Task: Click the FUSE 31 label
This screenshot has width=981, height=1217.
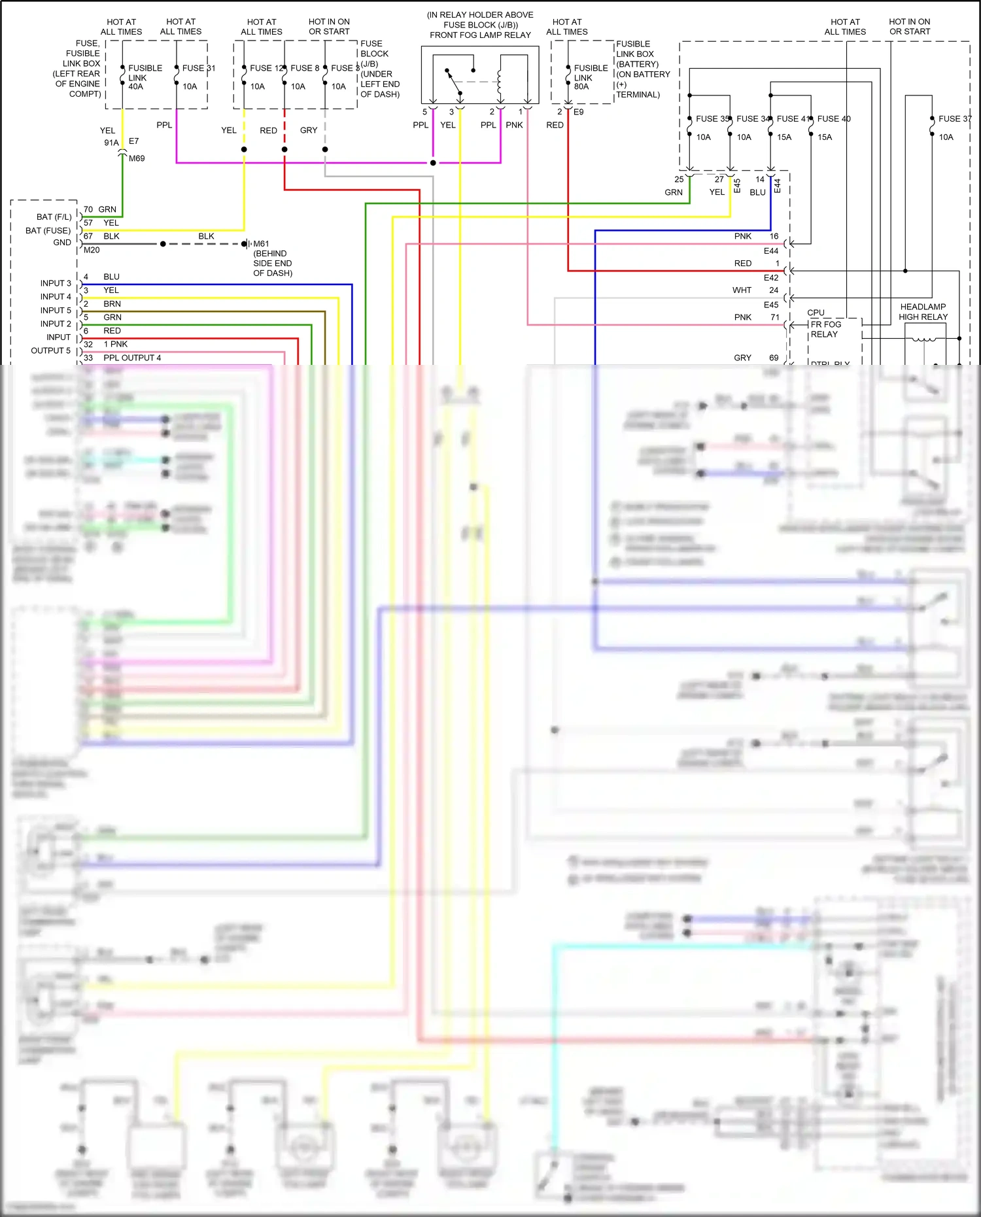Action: click(x=198, y=68)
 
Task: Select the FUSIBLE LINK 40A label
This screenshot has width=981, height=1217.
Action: click(x=145, y=77)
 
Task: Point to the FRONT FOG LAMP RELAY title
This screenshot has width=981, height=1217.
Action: click(x=480, y=35)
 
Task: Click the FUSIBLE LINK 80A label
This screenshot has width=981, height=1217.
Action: click(x=591, y=77)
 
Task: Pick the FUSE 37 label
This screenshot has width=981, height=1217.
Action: click(x=954, y=119)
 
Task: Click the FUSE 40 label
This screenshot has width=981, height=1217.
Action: click(x=834, y=119)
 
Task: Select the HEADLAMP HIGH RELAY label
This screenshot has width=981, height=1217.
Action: click(x=923, y=312)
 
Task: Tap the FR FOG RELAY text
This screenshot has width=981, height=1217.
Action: click(x=825, y=329)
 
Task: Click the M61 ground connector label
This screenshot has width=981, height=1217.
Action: click(x=261, y=244)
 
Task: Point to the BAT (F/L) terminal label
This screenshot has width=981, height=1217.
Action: click(x=54, y=217)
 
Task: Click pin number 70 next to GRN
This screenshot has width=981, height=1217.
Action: click(x=88, y=209)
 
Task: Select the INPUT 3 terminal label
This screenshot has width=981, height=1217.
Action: click(x=56, y=283)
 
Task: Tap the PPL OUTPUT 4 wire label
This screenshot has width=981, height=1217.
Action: click(x=132, y=358)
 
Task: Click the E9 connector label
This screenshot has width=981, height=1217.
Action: click(x=578, y=112)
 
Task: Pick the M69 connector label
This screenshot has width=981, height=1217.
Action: click(x=137, y=158)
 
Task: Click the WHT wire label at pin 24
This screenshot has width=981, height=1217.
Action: click(x=742, y=290)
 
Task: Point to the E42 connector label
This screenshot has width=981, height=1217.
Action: click(x=771, y=278)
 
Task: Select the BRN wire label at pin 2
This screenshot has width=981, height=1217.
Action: click(x=112, y=304)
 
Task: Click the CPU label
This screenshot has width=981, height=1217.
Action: click(x=816, y=313)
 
